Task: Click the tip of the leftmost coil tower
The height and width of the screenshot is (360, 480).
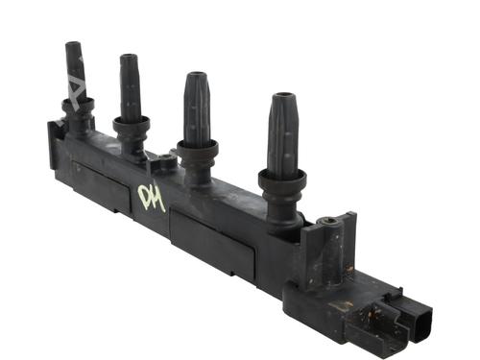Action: [72, 47]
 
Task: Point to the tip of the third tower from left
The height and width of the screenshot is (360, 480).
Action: [196, 77]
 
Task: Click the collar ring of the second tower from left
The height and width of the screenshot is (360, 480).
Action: [132, 123]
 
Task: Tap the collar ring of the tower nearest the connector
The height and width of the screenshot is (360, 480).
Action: [282, 178]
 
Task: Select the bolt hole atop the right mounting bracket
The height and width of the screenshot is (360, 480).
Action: [332, 222]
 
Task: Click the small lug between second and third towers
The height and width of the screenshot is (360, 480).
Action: [164, 164]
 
